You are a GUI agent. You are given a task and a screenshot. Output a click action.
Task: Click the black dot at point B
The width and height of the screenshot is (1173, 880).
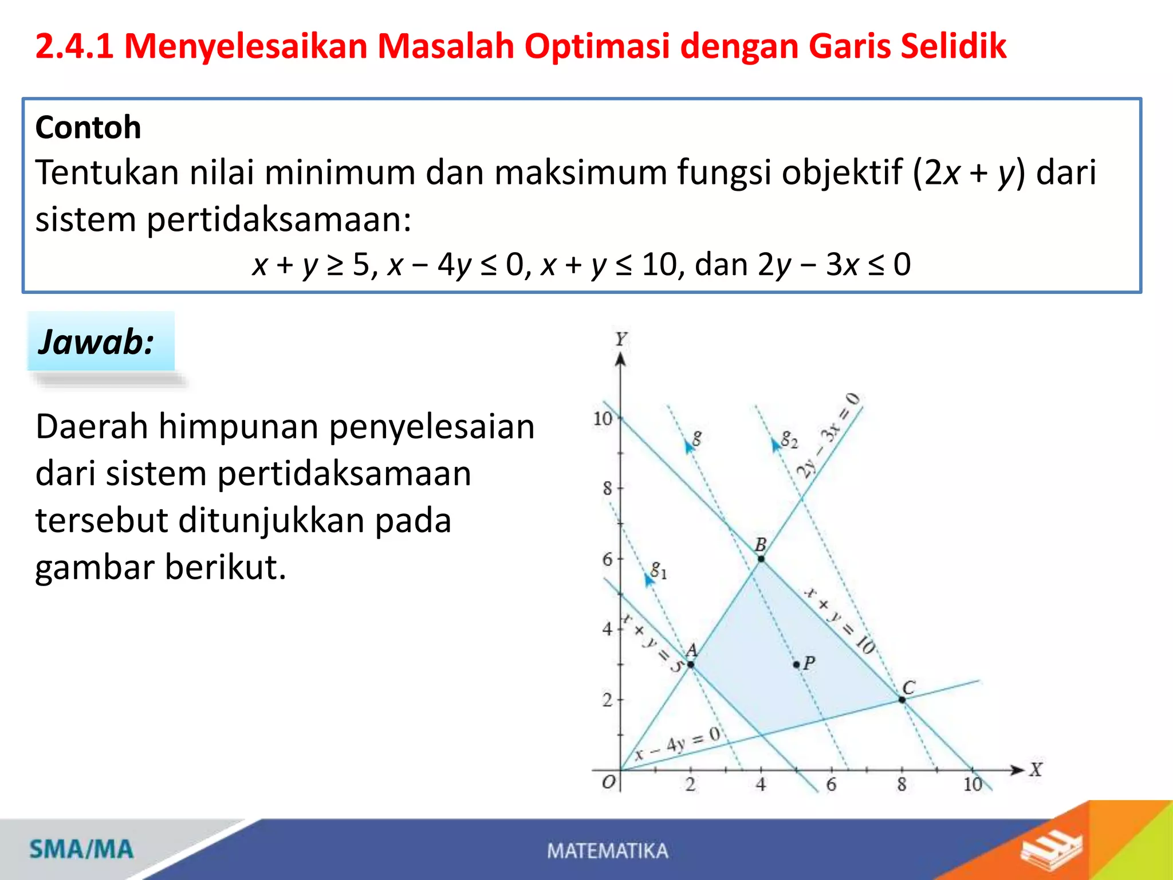pos(761,559)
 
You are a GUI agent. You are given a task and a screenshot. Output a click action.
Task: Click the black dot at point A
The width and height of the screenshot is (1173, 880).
pos(691,665)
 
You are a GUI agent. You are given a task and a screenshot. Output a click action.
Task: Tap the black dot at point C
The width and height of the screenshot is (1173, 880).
pos(902,700)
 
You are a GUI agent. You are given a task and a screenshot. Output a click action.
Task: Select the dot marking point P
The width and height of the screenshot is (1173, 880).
pos(796,665)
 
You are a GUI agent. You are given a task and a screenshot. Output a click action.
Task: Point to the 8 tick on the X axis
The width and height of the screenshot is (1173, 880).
pos(902,784)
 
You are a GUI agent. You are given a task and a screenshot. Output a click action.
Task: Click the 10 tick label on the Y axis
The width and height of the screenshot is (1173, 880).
pos(603,419)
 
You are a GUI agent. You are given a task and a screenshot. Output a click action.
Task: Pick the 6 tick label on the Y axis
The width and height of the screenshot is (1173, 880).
pos(608,559)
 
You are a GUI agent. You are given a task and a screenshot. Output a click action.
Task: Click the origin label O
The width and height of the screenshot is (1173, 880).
pos(609,782)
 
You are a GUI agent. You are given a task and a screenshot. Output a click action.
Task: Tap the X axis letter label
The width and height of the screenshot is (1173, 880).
pos(1036,769)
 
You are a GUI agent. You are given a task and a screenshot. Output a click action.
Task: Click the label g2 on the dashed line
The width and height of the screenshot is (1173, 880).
pos(789,439)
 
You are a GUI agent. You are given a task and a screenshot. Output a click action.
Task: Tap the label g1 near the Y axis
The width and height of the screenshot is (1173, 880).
pos(658,570)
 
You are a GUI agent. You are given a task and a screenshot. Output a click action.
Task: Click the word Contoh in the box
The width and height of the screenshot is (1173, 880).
pos(88,127)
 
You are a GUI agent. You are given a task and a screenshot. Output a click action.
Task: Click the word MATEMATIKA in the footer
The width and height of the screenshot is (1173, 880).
pos(608,851)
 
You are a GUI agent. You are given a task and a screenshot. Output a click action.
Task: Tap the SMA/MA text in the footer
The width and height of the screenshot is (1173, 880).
pos(81,849)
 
